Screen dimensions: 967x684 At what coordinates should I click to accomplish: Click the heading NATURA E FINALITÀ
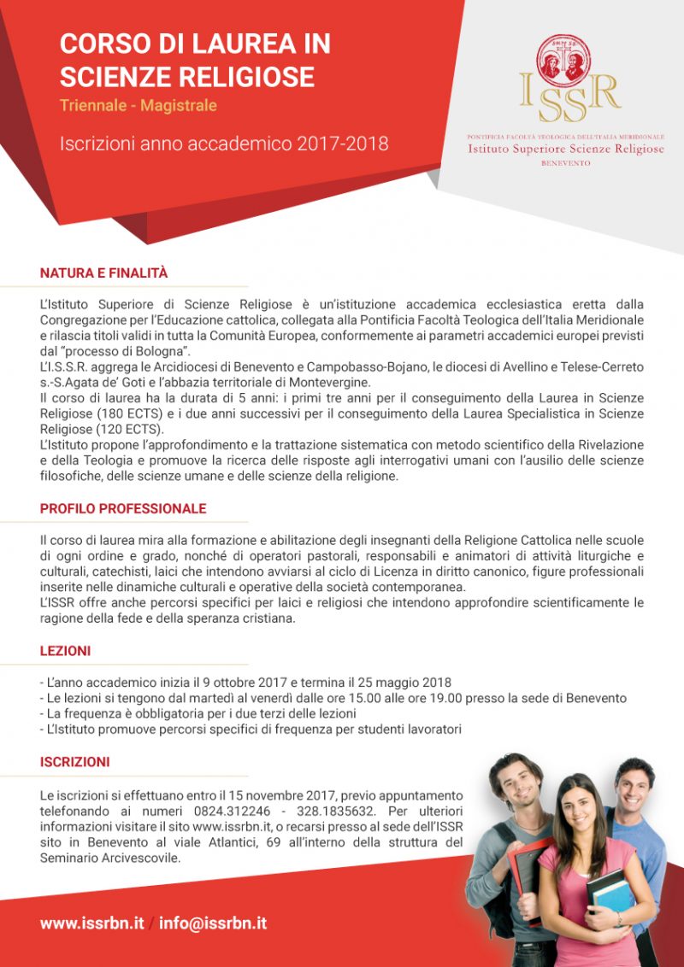[x=103, y=273]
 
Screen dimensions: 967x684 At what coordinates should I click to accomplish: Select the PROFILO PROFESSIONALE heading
[x=123, y=509]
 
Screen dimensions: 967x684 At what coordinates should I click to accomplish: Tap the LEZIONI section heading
[x=65, y=651]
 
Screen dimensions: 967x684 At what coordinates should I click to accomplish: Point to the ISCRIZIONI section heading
[x=74, y=762]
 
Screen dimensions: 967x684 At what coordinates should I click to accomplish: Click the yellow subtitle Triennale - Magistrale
[x=138, y=106]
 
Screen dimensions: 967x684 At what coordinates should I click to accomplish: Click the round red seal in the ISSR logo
[x=565, y=60]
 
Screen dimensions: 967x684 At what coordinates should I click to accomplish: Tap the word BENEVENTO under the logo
[x=565, y=162]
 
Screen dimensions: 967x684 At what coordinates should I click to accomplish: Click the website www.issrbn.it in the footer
[x=91, y=923]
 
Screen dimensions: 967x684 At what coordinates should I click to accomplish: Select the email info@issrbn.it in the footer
[x=213, y=923]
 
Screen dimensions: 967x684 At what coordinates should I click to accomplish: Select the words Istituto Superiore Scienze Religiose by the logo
[x=565, y=149]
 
